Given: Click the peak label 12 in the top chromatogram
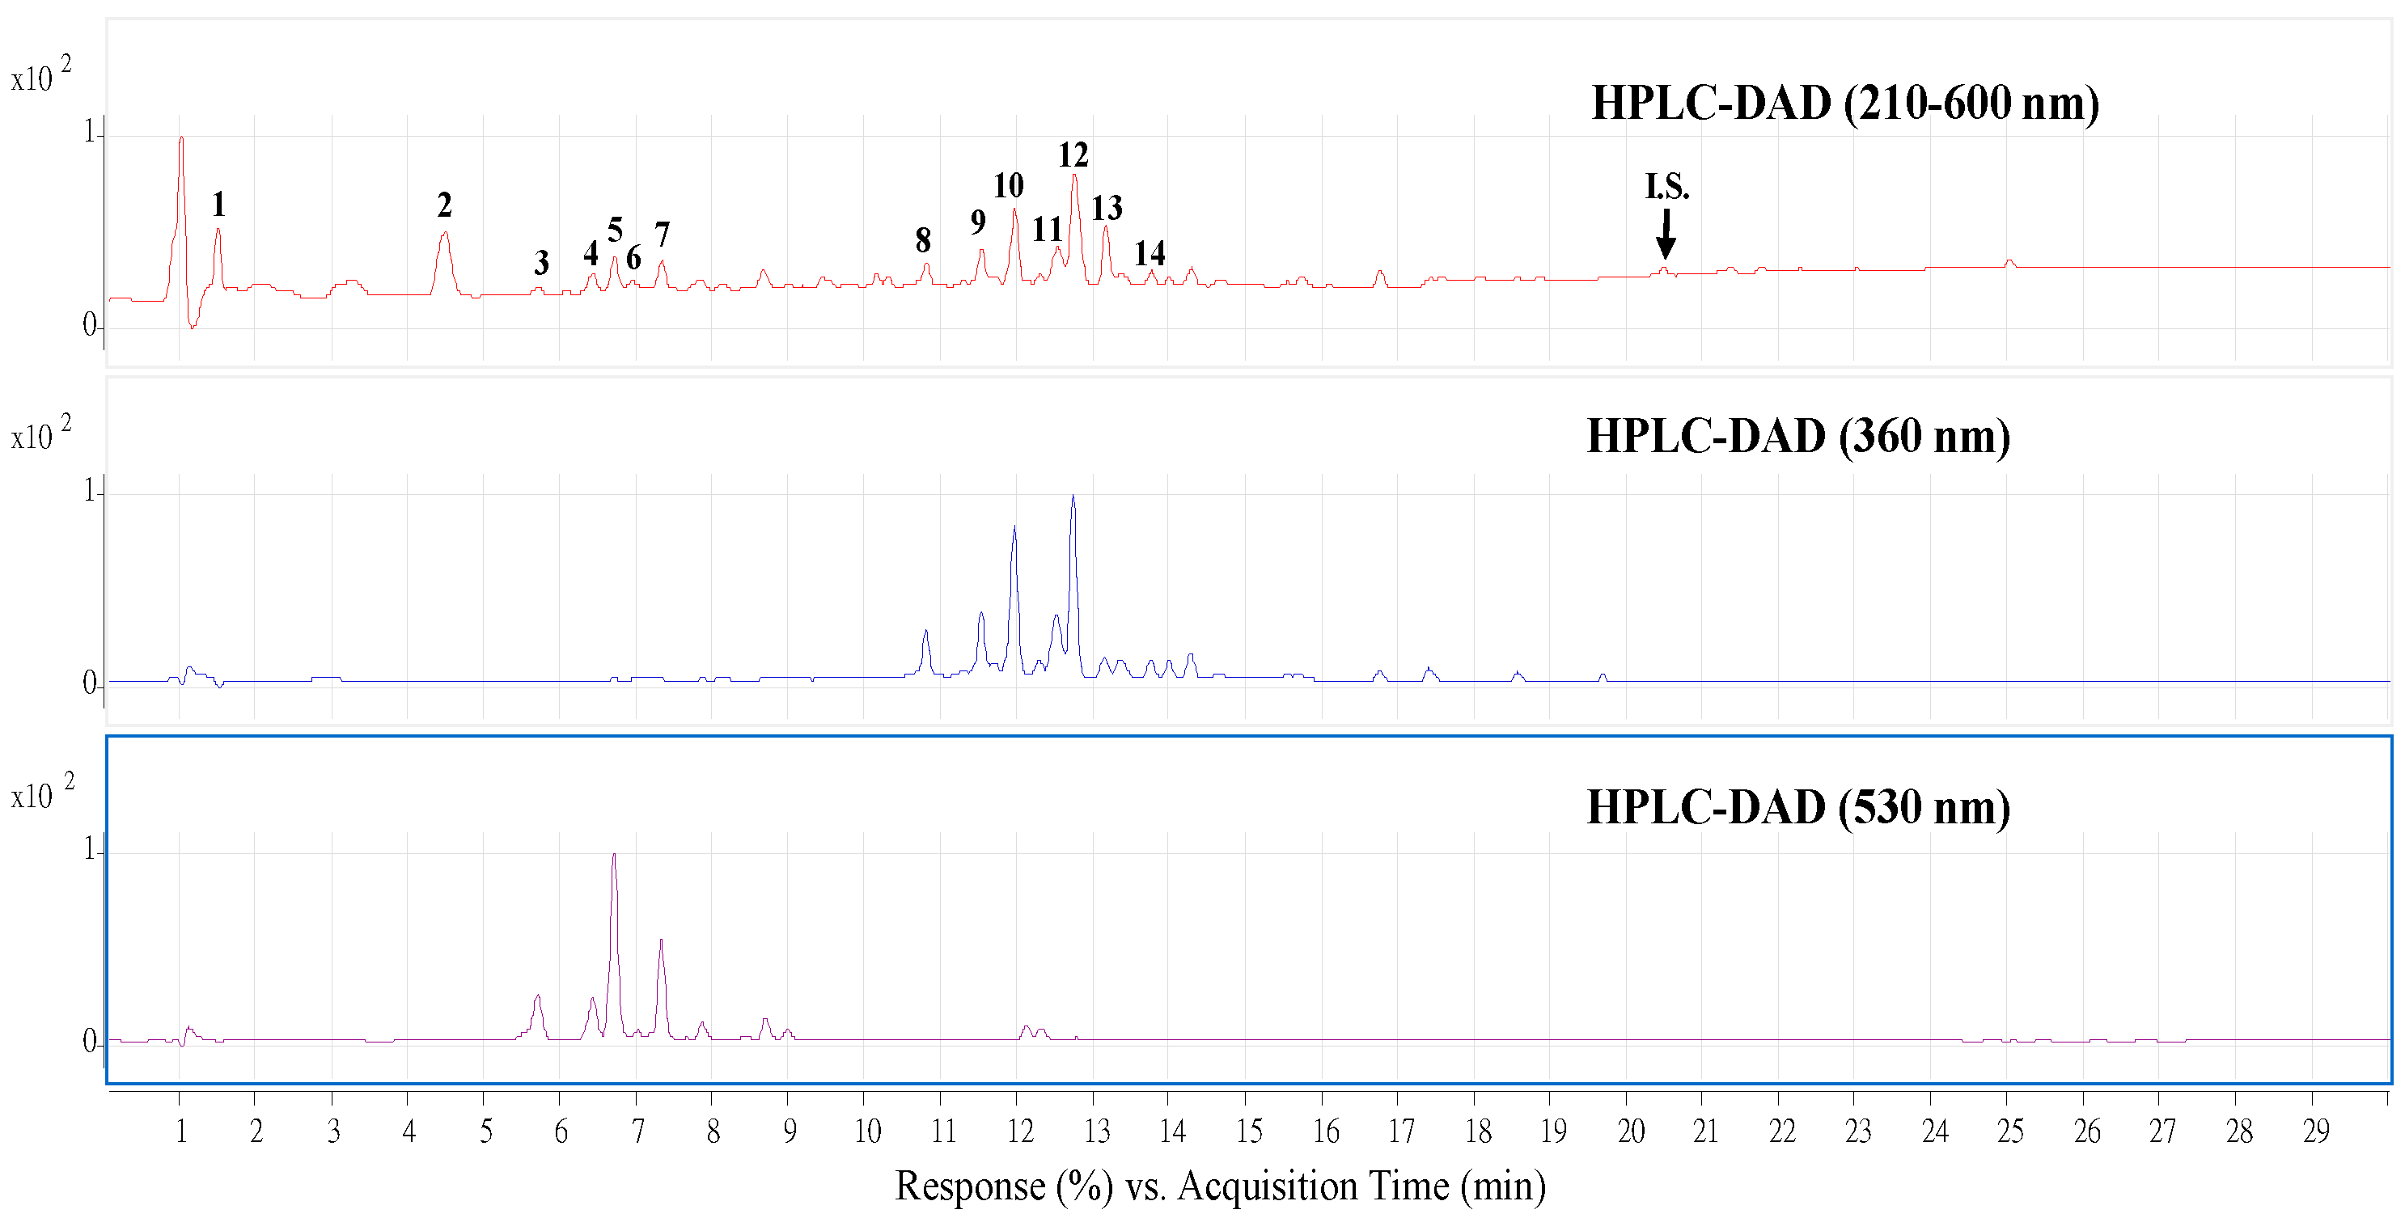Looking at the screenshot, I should (1073, 155).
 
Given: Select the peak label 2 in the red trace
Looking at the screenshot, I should (444, 205).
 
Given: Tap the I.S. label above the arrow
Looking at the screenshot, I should (1666, 187).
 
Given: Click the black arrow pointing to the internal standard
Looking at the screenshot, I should (1666, 235).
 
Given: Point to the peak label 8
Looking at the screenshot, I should (922, 241).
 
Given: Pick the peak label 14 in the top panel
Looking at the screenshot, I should (1150, 253).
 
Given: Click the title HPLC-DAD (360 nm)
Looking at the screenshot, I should (1797, 436).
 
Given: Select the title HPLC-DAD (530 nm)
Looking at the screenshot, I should (1797, 807).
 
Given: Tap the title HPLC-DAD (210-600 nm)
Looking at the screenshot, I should (1845, 103).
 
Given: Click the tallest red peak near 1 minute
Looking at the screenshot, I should (181, 140).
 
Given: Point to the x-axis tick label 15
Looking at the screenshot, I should (1248, 1132).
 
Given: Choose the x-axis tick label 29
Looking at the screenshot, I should (2315, 1132).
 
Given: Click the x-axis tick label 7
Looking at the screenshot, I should (637, 1132).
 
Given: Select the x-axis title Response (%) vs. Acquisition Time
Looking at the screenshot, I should (1219, 1186).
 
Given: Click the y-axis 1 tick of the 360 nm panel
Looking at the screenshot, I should (90, 491).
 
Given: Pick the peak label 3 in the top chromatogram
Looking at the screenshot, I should (540, 263).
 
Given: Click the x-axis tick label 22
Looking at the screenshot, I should (1781, 1132).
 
